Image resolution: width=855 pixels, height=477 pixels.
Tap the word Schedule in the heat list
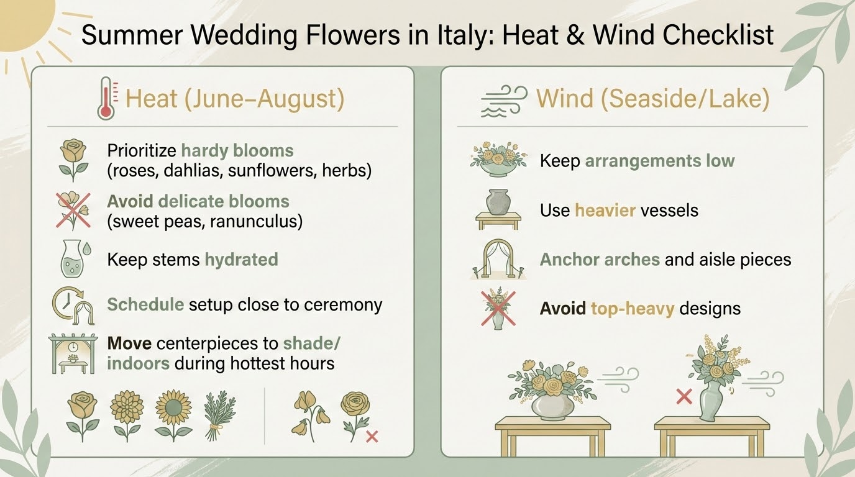coord(145,305)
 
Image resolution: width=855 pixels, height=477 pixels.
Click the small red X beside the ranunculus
coord(372,437)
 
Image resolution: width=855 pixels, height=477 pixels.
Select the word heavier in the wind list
coord(605,210)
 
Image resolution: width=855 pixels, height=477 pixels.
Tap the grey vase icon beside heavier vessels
coord(498,202)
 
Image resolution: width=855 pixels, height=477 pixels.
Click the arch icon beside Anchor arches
coord(498,257)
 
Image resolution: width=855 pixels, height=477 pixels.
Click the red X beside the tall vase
coord(684,396)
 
